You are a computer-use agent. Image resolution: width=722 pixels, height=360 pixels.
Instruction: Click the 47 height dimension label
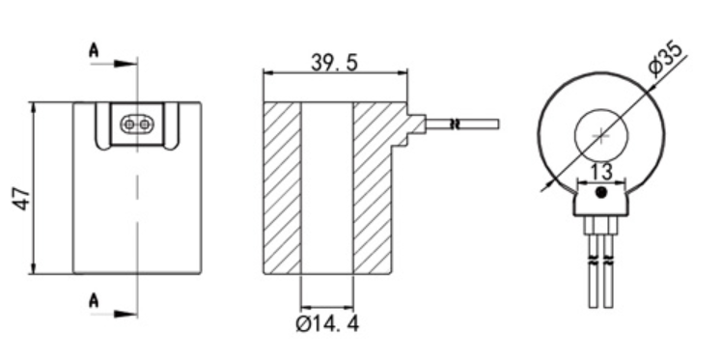[22, 199]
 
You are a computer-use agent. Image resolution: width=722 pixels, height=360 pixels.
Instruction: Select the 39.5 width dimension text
[334, 62]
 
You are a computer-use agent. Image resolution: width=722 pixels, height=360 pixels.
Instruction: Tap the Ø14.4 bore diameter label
[327, 324]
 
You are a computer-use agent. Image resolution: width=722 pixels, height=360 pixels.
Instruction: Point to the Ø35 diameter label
[667, 59]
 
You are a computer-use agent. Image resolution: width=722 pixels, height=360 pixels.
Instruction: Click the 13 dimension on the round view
[601, 172]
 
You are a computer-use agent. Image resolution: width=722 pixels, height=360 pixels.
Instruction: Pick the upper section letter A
[94, 50]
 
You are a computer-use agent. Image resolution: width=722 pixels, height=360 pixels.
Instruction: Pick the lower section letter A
[94, 300]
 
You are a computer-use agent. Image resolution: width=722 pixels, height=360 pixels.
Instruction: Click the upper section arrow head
[125, 64]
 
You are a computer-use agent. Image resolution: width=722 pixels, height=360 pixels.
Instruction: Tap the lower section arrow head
[125, 314]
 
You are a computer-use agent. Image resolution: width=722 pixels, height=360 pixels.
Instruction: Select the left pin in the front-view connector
[129, 125]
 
